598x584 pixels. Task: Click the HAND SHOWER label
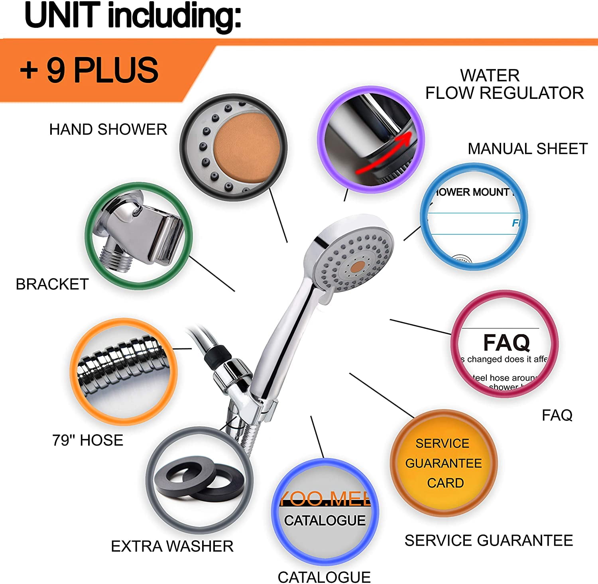click(x=108, y=130)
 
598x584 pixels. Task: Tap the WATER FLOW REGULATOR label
click(x=504, y=85)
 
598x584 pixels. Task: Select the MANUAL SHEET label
click(x=527, y=149)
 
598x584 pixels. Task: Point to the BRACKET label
click(x=52, y=284)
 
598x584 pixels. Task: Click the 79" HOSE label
click(x=88, y=440)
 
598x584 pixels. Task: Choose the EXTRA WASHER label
click(x=172, y=546)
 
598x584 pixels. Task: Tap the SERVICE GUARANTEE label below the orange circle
click(x=489, y=541)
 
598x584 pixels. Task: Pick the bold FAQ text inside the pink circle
click(x=506, y=342)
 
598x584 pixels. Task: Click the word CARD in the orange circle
click(x=445, y=483)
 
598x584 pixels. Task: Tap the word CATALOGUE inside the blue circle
click(x=325, y=520)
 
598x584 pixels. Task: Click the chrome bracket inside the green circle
click(x=144, y=235)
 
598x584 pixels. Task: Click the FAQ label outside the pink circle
click(x=557, y=415)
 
